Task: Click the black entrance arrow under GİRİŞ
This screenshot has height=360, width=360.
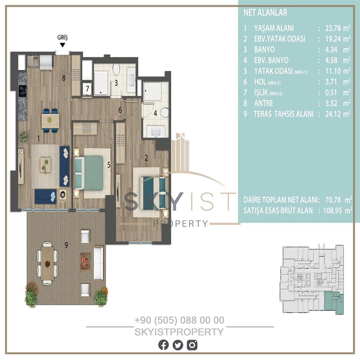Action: click(x=62, y=45)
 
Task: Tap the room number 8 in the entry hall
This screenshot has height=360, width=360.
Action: click(x=64, y=78)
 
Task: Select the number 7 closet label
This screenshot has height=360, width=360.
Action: click(x=88, y=89)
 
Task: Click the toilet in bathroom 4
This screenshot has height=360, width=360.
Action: click(x=165, y=112)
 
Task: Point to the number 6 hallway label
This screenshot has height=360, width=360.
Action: click(x=120, y=110)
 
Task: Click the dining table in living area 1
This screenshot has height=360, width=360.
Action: click(x=50, y=120)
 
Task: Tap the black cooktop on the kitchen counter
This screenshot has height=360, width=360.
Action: click(x=23, y=91)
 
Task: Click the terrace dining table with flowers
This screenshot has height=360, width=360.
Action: click(x=48, y=263)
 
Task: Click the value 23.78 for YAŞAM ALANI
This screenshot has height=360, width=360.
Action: click(x=333, y=28)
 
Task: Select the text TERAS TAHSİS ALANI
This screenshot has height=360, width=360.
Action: click(x=283, y=114)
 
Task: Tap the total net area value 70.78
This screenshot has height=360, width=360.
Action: click(x=333, y=200)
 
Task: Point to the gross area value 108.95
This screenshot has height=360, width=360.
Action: click(x=332, y=210)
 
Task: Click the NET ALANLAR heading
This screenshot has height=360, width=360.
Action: click(x=265, y=13)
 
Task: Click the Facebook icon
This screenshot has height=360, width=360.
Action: click(x=163, y=345)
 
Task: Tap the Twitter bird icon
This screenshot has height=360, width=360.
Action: click(x=178, y=345)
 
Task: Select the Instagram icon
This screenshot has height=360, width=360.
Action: click(x=192, y=345)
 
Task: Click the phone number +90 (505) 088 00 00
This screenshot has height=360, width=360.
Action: click(x=180, y=320)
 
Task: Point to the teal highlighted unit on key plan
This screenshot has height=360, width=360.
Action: click(x=333, y=302)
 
